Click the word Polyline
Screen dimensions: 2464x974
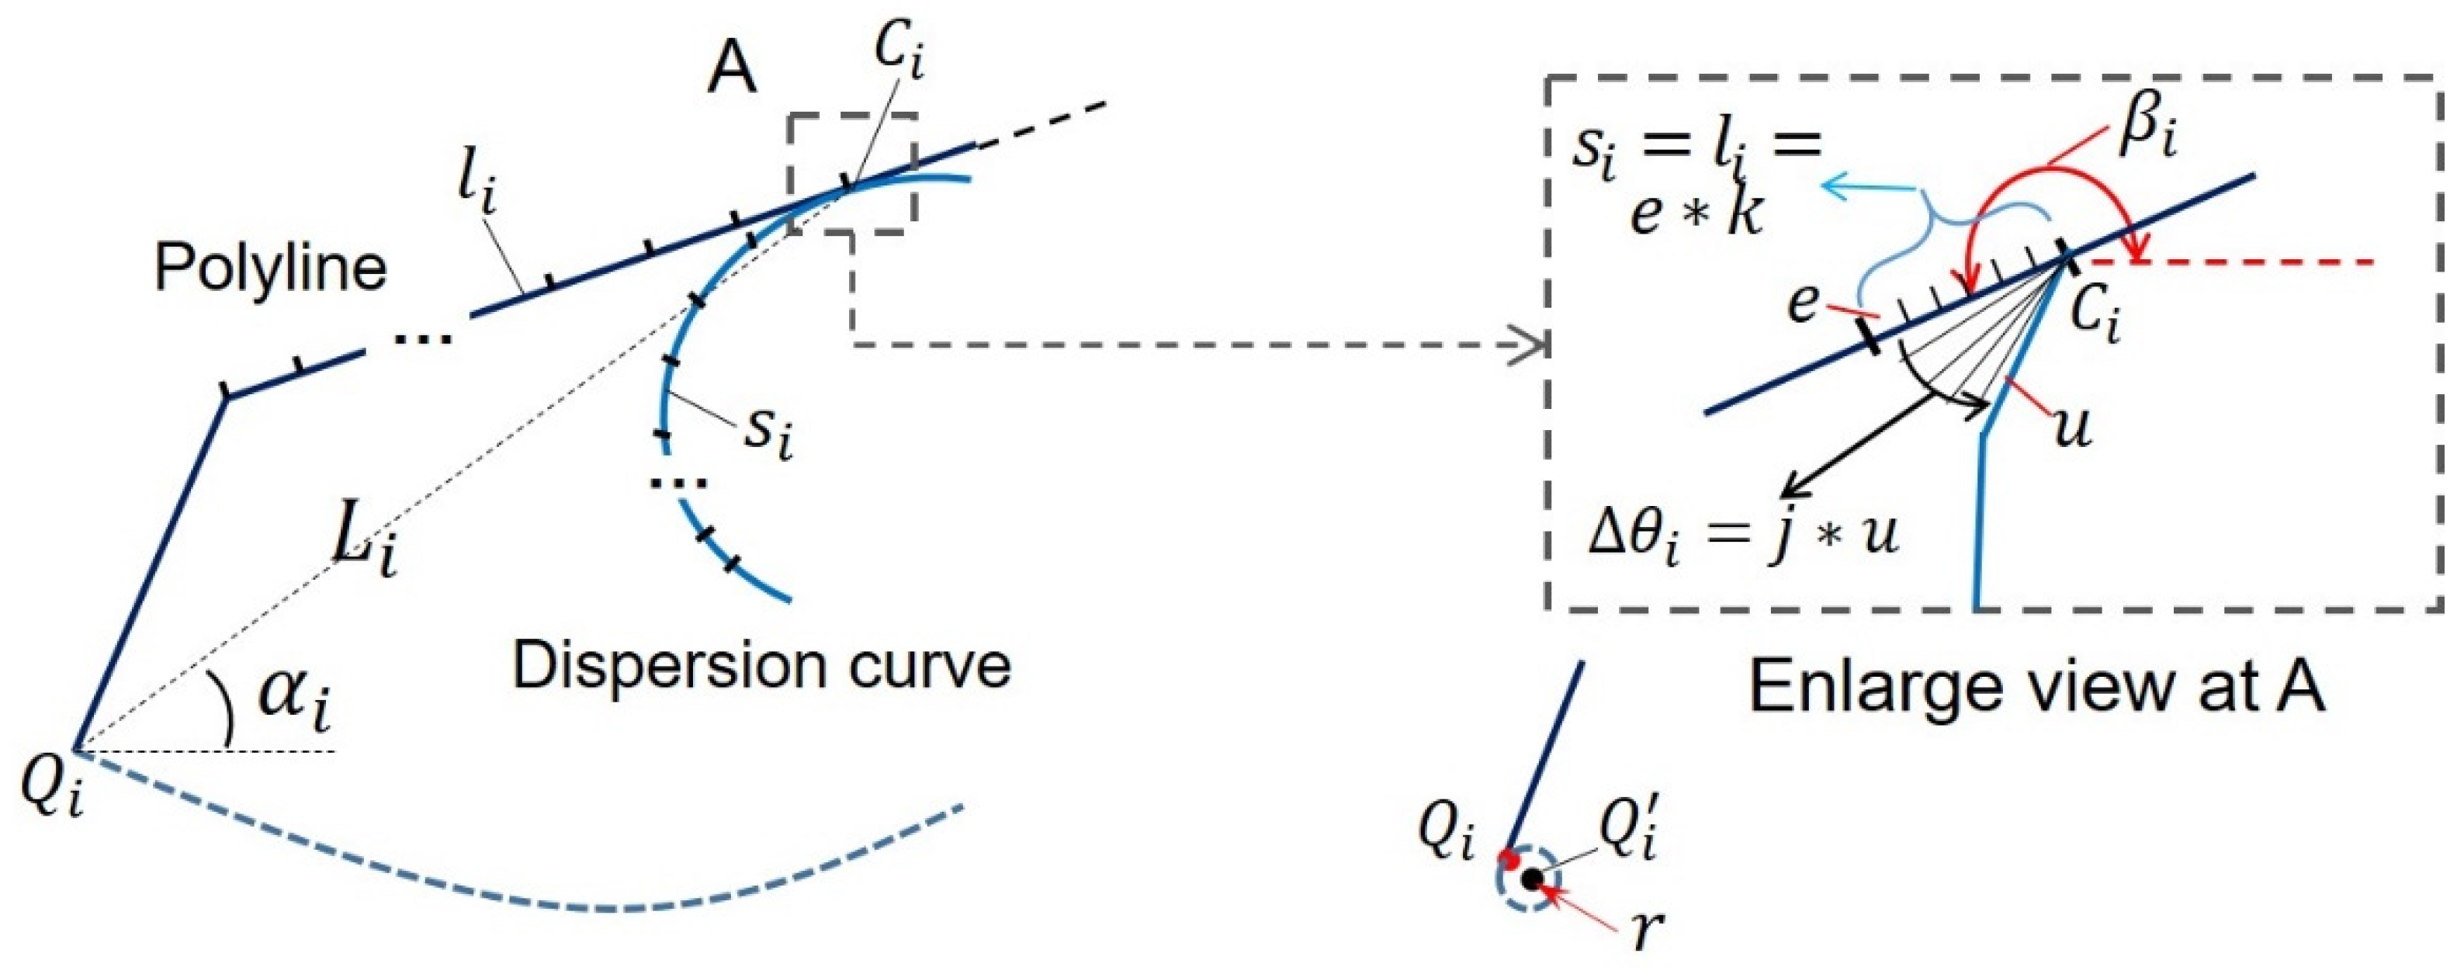tap(271, 269)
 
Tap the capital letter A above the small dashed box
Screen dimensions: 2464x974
tap(732, 70)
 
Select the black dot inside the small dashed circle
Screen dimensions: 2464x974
tap(1533, 879)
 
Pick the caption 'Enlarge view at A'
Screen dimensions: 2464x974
tap(2036, 686)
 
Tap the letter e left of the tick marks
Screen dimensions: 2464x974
tap(1803, 303)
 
